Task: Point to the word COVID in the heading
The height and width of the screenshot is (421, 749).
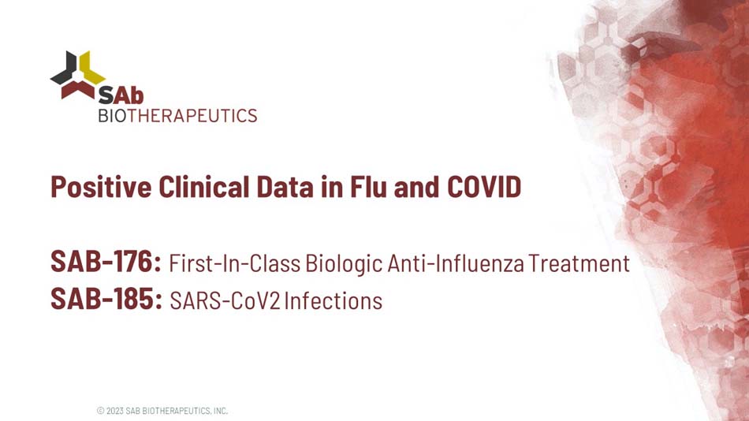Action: point(484,187)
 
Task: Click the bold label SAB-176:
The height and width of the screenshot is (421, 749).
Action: point(106,262)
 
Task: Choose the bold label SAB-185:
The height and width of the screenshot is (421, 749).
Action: point(106,300)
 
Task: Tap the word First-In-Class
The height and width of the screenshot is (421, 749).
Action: point(235,263)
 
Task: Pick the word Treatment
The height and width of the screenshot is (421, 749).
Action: point(579,263)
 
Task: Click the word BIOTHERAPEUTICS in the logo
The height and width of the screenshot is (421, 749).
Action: point(177,116)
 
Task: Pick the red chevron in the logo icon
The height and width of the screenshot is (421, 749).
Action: point(77,89)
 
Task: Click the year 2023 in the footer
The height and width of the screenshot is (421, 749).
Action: point(114,411)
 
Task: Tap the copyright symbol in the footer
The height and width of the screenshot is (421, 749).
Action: point(100,411)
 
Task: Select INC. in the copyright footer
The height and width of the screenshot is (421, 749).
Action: point(220,411)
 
